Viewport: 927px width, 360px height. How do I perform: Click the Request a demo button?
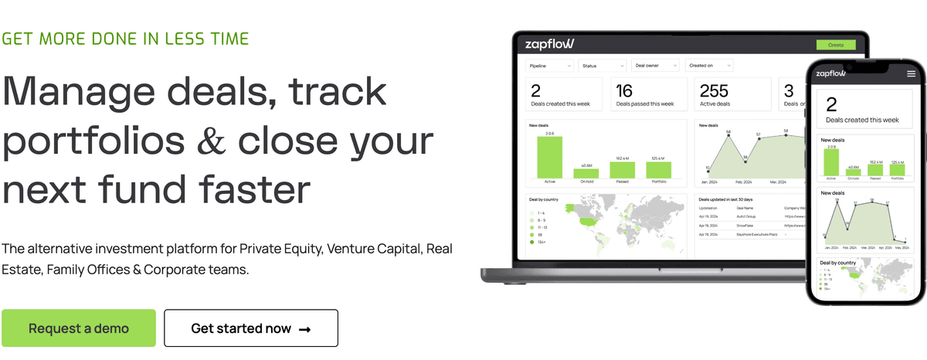point(79,328)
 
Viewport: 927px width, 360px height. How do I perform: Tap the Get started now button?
point(251,328)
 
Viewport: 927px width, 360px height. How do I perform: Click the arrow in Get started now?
point(304,329)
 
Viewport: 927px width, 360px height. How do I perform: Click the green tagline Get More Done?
point(125,39)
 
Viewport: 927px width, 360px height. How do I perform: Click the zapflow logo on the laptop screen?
point(549,43)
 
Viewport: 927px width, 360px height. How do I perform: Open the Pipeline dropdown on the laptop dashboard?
point(549,66)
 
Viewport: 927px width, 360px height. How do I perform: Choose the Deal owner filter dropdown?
point(655,66)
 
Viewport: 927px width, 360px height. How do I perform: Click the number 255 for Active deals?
point(715,91)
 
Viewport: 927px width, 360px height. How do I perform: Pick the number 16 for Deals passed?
point(624,91)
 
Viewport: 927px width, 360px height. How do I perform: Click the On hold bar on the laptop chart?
point(586,174)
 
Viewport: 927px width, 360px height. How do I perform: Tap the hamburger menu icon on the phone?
point(911,73)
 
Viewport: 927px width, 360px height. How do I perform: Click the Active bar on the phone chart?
point(831,162)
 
